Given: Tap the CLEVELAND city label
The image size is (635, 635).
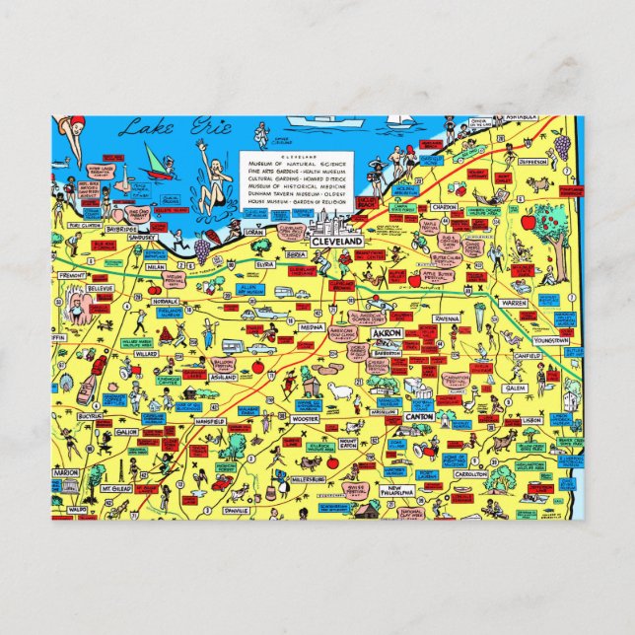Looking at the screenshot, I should point(338,241).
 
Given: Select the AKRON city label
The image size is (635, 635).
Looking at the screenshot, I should point(386,333).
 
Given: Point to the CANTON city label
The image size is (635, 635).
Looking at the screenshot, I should point(419,417).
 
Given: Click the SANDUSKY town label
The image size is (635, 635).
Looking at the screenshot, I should point(142,238).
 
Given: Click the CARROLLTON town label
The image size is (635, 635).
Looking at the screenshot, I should point(471,474).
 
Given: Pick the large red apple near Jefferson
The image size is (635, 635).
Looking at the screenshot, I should point(529,223).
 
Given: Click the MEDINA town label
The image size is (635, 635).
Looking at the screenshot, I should point(313,328).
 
